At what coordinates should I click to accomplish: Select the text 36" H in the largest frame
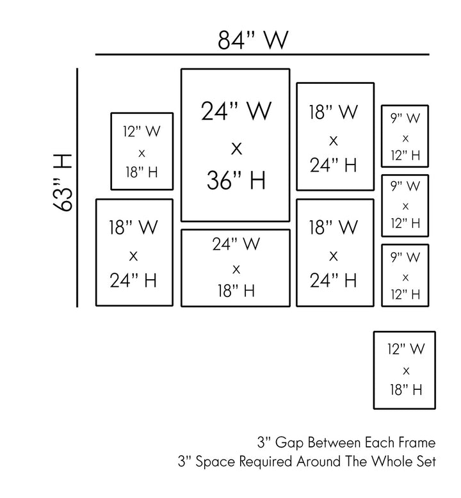tap(236, 182)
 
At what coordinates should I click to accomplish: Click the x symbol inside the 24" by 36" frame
tap(236, 149)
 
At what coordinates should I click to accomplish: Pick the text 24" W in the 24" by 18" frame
tap(236, 244)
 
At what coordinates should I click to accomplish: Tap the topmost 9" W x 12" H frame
tap(405, 136)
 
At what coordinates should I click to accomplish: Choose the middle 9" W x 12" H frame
tap(405, 205)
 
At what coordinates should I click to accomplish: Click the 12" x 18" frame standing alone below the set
tap(405, 369)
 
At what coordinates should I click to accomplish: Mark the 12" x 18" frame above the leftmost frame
tap(142, 151)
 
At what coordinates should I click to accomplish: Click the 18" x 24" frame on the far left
tap(134, 252)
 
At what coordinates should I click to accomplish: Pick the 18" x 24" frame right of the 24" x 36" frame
tap(335, 136)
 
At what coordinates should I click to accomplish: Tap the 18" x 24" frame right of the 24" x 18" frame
tap(335, 252)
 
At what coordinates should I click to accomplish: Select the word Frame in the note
tap(416, 443)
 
